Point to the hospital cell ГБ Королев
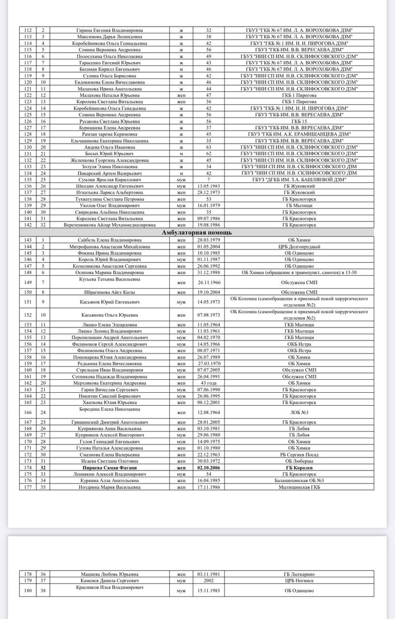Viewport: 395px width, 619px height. (299, 468)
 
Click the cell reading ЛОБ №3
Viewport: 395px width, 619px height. (299, 412)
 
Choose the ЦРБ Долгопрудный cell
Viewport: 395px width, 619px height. (299, 246)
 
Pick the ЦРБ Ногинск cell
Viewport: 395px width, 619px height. (299, 580)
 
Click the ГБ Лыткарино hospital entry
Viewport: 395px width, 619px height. (299, 574)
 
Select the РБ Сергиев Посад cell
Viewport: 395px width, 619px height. (299, 455)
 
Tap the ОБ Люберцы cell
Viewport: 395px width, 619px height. (299, 461)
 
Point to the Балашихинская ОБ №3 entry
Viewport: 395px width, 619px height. (299, 481)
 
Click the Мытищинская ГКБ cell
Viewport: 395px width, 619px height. (299, 487)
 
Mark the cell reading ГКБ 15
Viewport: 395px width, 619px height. (299, 121)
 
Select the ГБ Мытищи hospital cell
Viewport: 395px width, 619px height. (299, 205)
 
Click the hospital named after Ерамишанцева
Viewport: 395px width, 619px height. (299, 134)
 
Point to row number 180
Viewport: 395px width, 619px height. (28, 590)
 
